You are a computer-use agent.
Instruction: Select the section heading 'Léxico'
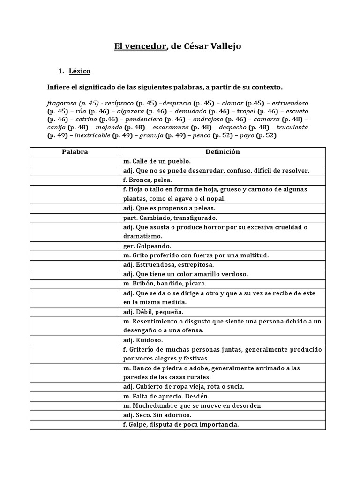pos(79,71)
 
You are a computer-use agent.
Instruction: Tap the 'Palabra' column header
pos(75,152)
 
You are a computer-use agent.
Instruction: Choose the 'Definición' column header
pos(223,152)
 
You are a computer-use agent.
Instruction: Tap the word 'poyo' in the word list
pos(247,136)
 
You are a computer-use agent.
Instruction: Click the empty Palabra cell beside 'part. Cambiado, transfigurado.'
pos(75,217)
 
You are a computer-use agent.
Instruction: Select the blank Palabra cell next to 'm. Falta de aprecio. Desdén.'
pos(75,396)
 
